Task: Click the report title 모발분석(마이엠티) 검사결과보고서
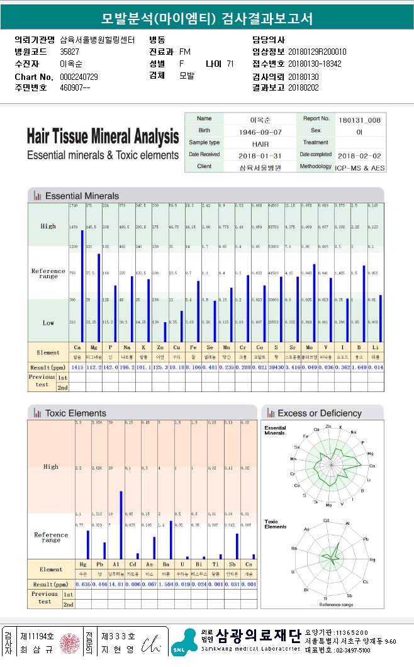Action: point(207,18)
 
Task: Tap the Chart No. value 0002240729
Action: point(79,76)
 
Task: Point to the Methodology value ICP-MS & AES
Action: point(361,167)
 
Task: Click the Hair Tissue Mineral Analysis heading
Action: point(103,136)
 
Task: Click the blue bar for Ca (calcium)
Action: point(82,286)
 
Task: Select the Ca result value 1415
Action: point(77,367)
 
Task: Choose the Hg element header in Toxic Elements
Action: point(83,565)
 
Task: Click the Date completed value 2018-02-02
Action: point(359,155)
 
